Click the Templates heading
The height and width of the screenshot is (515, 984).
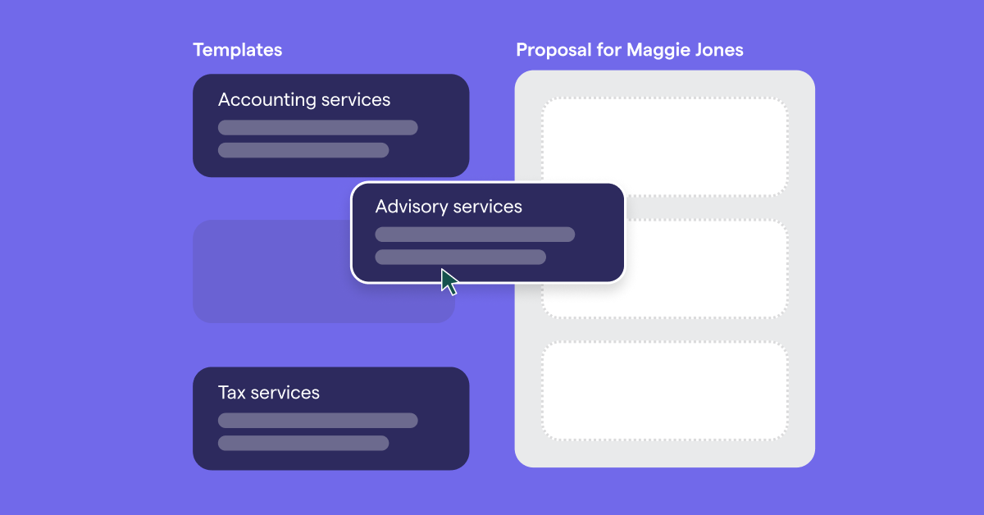[238, 50]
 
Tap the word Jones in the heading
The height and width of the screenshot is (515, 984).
[717, 50]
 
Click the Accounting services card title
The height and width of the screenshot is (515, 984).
[304, 100]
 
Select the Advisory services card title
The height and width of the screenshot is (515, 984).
[449, 207]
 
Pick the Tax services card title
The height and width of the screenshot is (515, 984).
[269, 393]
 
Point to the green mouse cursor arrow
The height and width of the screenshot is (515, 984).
[449, 280]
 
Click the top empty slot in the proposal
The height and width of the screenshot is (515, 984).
[664, 147]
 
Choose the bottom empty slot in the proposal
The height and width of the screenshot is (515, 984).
[664, 390]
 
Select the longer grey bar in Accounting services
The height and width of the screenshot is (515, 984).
[317, 127]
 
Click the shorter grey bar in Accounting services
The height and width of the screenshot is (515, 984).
[303, 150]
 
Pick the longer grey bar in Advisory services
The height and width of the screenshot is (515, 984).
[475, 235]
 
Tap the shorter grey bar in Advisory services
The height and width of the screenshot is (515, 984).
[460, 257]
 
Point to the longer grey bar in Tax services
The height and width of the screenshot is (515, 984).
[317, 421]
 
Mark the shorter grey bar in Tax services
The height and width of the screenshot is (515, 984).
[303, 443]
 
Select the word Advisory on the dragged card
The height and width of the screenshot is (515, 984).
[407, 207]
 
